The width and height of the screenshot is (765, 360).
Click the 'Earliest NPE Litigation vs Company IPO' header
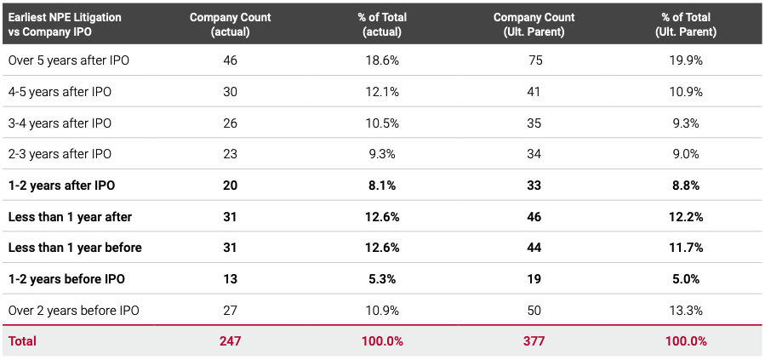[x=65, y=25]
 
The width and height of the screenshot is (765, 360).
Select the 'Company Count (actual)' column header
[x=230, y=25]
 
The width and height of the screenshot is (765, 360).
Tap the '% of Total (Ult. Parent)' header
[x=685, y=25]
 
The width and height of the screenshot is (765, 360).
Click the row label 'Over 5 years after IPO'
[x=69, y=60]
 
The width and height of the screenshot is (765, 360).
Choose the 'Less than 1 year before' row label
[x=75, y=248]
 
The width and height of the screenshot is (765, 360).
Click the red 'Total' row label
[x=22, y=341]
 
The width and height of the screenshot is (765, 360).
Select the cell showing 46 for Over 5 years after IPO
[x=230, y=60]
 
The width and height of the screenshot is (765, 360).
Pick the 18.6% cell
[x=381, y=60]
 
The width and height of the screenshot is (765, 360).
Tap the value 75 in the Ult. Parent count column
[x=534, y=60]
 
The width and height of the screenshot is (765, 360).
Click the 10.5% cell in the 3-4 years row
[x=381, y=123]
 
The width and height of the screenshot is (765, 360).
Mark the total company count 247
[x=230, y=341]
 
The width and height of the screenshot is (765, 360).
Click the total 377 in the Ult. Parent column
[x=534, y=341]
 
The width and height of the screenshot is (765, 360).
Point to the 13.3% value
[x=685, y=311]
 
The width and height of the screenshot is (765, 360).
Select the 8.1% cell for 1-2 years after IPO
[x=381, y=186]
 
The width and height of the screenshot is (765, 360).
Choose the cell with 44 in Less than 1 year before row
[x=534, y=248]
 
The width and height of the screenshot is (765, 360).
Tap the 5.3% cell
[x=381, y=279]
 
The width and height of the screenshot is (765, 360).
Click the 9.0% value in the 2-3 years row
[x=685, y=154]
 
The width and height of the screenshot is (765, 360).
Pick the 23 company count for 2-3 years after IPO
[x=230, y=154]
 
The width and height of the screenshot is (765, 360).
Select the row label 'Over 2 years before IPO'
[x=73, y=311]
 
